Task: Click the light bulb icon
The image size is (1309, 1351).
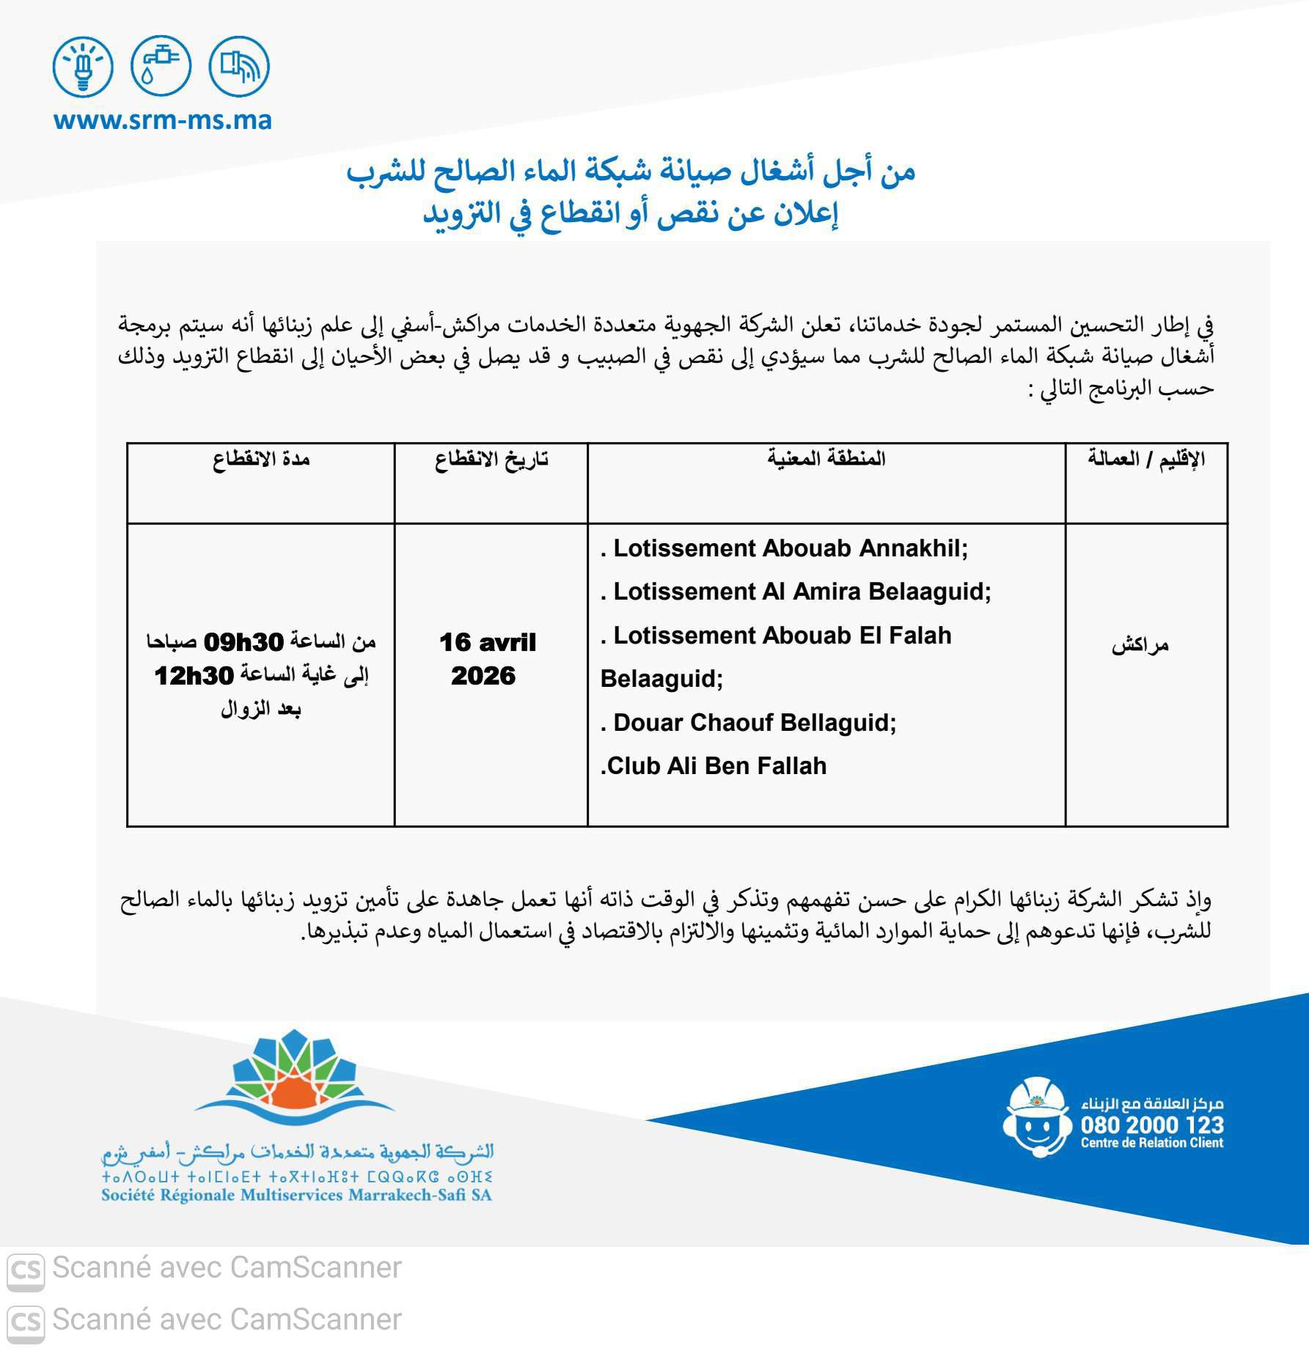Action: point(83,67)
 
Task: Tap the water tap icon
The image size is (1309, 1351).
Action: point(161,67)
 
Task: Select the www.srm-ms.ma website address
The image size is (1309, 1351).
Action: point(163,120)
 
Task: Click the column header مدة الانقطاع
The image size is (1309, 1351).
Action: point(261,460)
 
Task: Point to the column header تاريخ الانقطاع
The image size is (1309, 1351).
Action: point(491,460)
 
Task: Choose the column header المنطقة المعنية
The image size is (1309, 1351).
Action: point(826,460)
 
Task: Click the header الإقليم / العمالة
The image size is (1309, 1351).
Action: point(1146,460)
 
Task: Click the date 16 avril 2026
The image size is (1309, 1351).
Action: point(487,658)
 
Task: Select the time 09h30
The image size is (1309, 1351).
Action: point(243,642)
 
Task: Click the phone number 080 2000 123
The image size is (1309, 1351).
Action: point(1152,1125)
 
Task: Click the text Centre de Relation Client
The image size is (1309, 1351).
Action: point(1152,1143)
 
